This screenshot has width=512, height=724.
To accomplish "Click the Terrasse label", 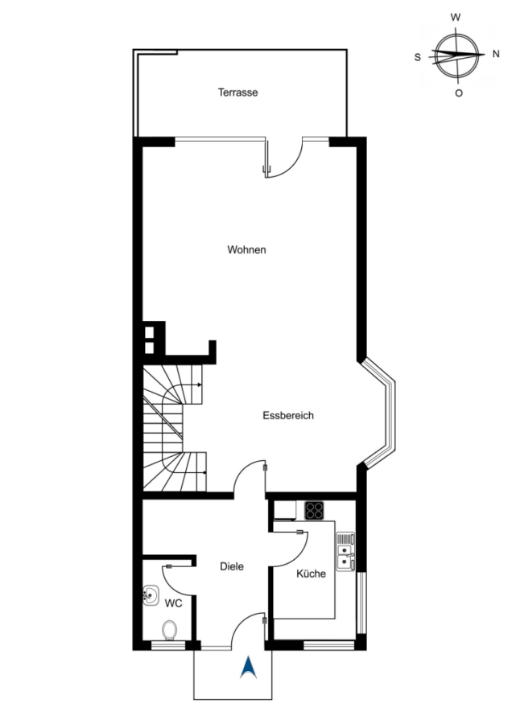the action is click(x=237, y=93).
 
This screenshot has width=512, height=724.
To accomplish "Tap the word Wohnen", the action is click(x=247, y=250).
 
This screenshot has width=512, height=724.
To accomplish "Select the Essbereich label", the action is click(x=288, y=416).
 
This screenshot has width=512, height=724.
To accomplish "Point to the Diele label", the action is click(x=232, y=566).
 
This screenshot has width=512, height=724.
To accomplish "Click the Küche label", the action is click(x=311, y=574).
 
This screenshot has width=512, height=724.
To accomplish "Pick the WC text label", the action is click(x=173, y=603).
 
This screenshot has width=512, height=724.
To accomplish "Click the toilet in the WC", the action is click(x=170, y=630).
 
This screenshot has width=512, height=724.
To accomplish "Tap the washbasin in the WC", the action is click(x=151, y=595).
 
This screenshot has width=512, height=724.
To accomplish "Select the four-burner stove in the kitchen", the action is click(x=314, y=511).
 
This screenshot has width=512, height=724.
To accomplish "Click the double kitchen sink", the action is click(x=345, y=552).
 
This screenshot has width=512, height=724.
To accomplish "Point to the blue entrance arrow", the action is click(x=248, y=668).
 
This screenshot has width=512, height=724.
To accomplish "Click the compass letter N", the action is click(x=496, y=54).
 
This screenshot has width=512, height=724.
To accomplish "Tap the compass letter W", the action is click(x=455, y=18).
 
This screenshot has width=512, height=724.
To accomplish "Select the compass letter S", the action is click(x=418, y=57).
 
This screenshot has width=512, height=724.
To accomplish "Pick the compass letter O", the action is click(x=458, y=93).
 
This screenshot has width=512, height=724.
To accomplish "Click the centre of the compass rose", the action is click(x=457, y=54).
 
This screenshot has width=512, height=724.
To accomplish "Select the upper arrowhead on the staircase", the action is click(x=199, y=385).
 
